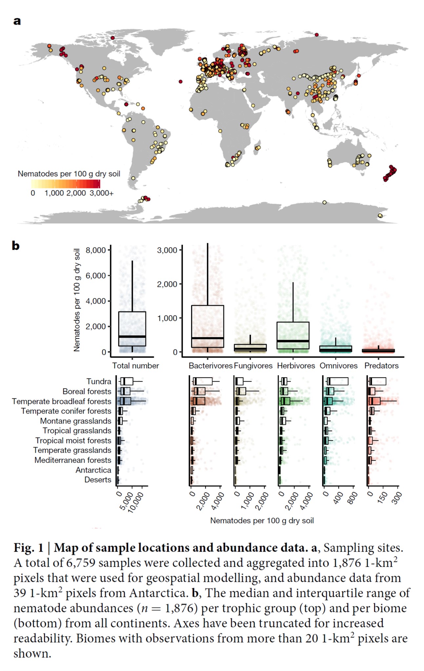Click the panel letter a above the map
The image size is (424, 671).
17,21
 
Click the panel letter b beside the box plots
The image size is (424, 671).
16,245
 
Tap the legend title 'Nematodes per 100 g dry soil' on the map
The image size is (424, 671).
69,174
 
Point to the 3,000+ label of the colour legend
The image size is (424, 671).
102,193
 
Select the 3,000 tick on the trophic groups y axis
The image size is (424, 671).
167,250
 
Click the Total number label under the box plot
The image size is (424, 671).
135,366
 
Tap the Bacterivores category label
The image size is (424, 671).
211,366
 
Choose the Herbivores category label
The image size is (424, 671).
296,366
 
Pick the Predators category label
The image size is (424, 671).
381,366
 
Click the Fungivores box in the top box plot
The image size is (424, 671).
250,348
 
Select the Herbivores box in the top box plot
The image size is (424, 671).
293,335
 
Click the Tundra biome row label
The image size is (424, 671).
99,381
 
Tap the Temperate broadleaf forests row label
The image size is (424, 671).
62,401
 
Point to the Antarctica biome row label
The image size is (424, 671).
93,470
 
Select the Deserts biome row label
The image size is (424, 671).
98,480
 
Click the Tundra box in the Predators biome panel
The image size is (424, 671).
377,381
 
